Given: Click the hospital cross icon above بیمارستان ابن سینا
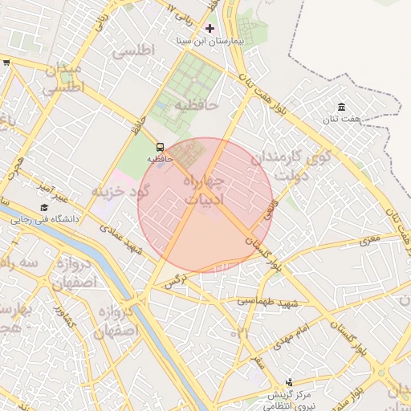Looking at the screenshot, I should click(210, 27).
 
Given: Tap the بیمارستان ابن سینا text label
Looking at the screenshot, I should click(210, 39).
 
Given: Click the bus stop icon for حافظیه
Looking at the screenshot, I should click(161, 148).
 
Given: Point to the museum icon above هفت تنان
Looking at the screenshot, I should click(342, 108).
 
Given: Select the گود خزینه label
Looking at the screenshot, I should click(120, 192).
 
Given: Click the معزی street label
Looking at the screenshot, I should click(368, 239).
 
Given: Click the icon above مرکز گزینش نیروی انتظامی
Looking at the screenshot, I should click(288, 383).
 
